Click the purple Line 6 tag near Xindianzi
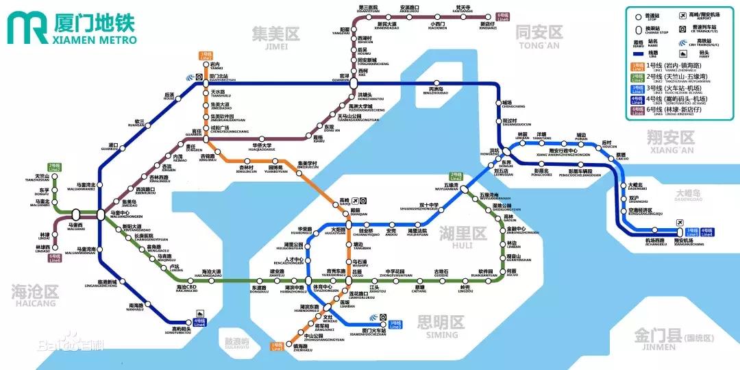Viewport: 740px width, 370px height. (504, 16)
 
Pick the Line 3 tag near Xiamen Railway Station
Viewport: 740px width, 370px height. (395, 324)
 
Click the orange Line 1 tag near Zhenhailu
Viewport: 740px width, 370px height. (277, 347)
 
